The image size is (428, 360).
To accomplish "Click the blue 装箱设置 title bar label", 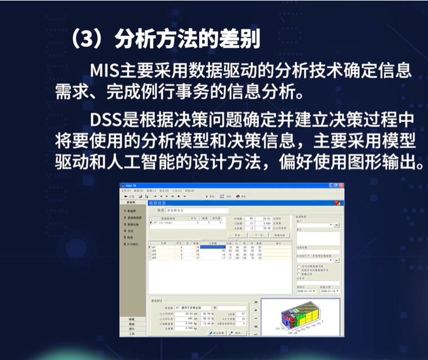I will click(x=158, y=203).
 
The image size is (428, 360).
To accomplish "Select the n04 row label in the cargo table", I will click(x=154, y=258).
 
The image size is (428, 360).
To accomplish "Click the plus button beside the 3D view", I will click(x=256, y=310).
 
